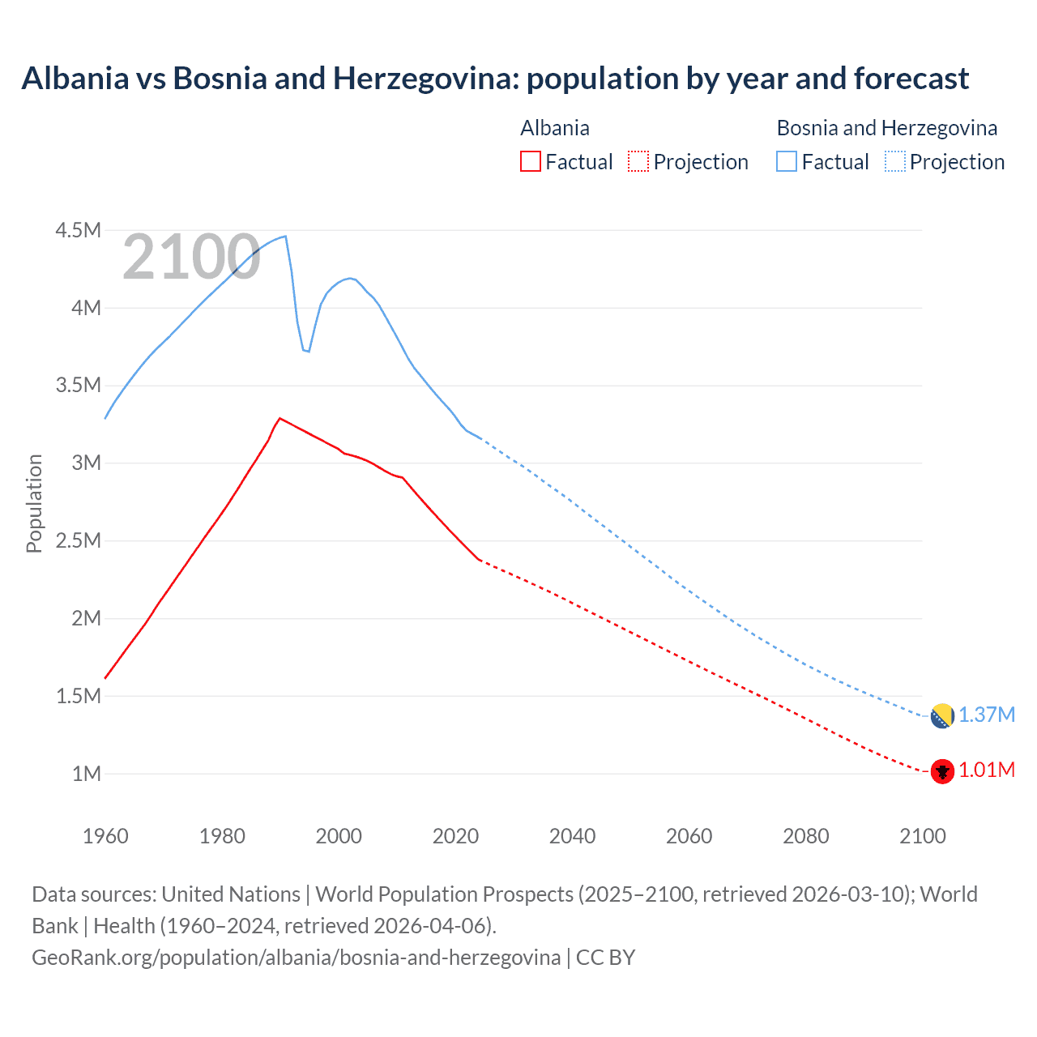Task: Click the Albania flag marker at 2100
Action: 941,770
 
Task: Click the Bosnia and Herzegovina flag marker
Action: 941,715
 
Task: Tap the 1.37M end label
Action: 987,715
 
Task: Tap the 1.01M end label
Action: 987,770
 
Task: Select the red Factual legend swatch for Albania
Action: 531,161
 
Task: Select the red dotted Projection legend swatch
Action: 638,161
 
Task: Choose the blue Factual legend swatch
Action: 787,161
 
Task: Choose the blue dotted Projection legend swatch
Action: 895,161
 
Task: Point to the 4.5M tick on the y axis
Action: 78,231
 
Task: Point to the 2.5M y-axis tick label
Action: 78,541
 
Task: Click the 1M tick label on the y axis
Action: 86,774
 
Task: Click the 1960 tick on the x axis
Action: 105,836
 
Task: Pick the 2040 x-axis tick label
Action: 572,836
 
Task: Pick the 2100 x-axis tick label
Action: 922,836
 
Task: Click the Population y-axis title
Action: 34,503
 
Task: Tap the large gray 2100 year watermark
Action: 191,258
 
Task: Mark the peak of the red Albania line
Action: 280,418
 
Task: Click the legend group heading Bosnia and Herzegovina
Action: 887,128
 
